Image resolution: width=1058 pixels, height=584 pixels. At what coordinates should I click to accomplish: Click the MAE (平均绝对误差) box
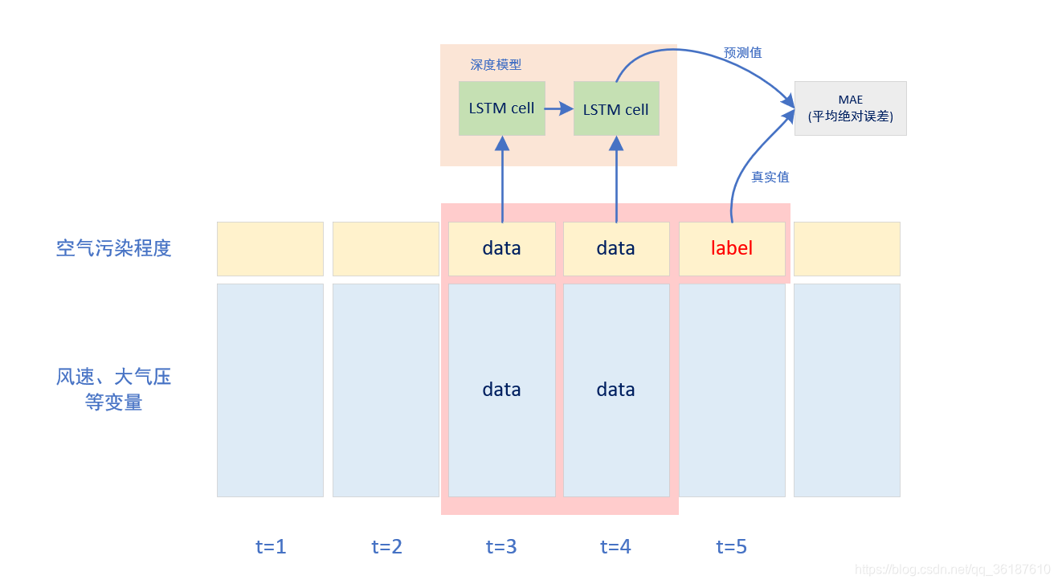coord(850,108)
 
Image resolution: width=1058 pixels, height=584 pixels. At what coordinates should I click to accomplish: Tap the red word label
coord(732,248)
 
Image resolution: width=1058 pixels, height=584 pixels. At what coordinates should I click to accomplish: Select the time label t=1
coord(271,547)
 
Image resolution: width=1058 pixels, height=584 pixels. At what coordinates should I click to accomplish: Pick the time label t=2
coord(386,547)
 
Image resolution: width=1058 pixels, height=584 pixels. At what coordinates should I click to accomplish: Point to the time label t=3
coord(501,547)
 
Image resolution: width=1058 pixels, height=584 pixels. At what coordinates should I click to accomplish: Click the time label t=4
coord(616,547)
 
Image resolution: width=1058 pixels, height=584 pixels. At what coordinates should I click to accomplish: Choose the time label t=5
coord(732,547)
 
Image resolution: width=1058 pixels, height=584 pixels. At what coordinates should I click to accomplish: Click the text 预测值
coord(742,53)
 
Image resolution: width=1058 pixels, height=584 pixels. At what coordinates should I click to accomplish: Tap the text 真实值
coord(770,177)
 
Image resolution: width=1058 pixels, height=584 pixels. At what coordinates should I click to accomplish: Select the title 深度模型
coord(496,65)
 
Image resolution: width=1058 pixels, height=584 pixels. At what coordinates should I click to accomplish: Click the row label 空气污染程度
coord(114,248)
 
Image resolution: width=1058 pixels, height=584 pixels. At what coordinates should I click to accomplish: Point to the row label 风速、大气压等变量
coord(114,390)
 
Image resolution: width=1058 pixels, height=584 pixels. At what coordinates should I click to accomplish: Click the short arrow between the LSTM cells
coord(558,108)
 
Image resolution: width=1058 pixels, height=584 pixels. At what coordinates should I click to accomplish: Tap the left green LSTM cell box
coord(501,108)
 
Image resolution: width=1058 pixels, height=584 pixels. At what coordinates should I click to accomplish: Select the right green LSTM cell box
coord(616,109)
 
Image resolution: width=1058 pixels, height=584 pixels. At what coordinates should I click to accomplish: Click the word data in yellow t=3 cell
coord(501,248)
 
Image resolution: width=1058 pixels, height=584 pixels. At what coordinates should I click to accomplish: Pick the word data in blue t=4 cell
coord(616,390)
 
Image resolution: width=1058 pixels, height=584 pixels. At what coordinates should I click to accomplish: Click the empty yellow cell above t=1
coord(270,248)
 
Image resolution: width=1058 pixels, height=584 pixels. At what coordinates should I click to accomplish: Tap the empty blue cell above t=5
coord(732,390)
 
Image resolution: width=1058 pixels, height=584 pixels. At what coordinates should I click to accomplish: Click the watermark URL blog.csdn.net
coord(953,570)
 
